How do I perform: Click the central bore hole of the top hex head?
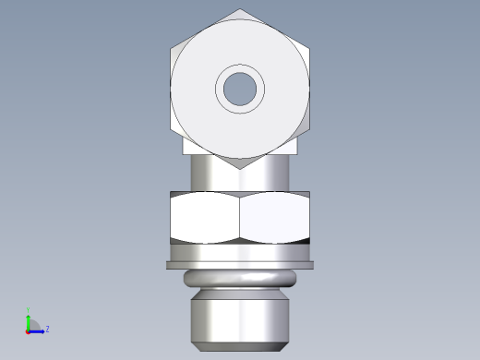pos(240,89)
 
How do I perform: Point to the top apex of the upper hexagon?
pos(240,10)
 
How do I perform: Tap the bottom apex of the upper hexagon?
pos(240,168)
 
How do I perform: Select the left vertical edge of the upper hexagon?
pos(172,89)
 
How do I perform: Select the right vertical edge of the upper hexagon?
pos(309,89)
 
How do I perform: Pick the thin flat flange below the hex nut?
pos(240,266)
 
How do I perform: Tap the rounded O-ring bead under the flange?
pos(240,281)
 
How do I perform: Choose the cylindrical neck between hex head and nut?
pos(240,175)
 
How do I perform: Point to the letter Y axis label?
pos(29,310)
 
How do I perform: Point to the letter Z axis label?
pos(47,329)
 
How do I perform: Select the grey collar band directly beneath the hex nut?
pos(240,252)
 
